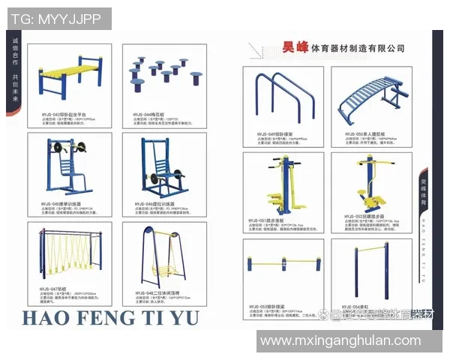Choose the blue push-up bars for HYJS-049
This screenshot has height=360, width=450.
[282, 97]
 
